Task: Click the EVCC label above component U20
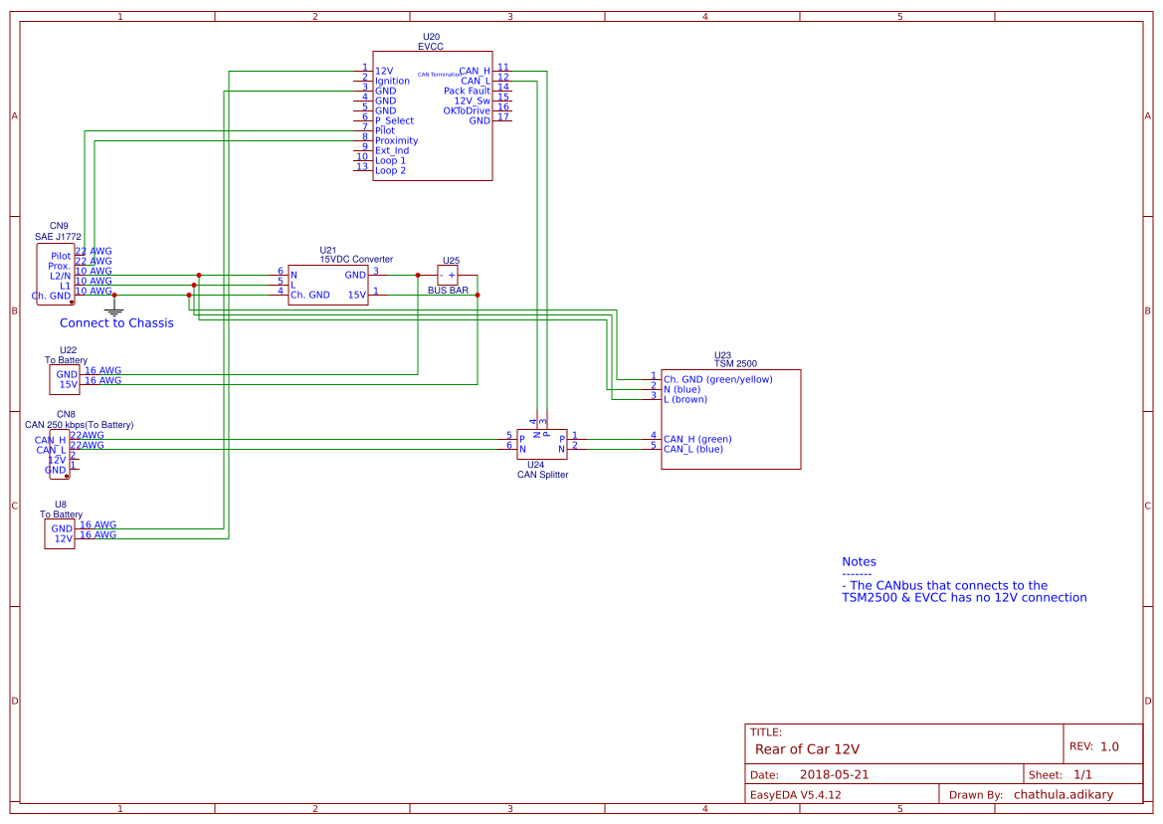click(430, 47)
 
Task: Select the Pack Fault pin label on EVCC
click(467, 91)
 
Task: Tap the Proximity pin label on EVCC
click(396, 140)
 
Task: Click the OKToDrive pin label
click(466, 110)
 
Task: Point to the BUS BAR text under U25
click(448, 291)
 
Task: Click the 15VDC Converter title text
click(356, 259)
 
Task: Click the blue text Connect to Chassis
click(116, 323)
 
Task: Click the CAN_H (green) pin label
click(697, 439)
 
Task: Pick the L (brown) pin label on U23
click(685, 399)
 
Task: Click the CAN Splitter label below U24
click(542, 475)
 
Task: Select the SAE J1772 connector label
click(58, 237)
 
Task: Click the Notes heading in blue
click(859, 562)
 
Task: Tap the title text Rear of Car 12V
click(807, 749)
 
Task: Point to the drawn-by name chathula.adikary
click(1064, 794)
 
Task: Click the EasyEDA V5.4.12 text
click(796, 794)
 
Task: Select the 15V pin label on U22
click(68, 384)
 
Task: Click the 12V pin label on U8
click(63, 538)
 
